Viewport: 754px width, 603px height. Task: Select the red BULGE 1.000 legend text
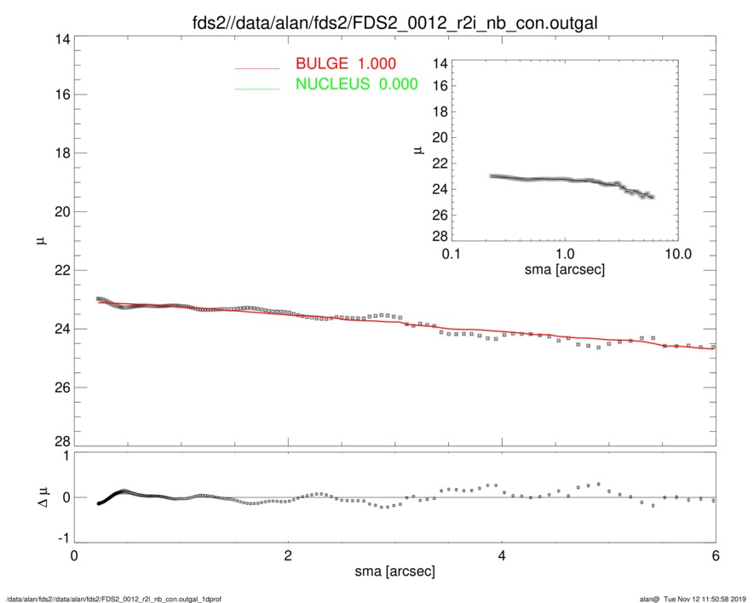click(x=345, y=65)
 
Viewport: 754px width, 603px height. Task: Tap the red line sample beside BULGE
click(x=257, y=66)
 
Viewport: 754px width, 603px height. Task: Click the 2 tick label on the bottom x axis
click(x=288, y=555)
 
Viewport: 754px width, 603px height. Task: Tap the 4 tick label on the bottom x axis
click(x=502, y=555)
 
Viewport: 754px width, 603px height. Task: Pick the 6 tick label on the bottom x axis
click(x=715, y=555)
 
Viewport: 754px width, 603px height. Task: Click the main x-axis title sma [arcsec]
click(x=394, y=571)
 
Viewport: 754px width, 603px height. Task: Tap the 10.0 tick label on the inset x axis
click(x=677, y=255)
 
